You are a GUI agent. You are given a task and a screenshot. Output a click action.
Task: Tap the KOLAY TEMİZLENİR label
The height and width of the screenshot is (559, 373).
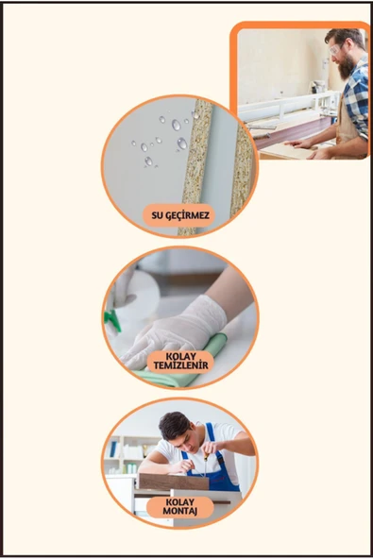tap(180, 361)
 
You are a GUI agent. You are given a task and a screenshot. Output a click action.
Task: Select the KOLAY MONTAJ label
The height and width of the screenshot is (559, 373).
tap(180, 507)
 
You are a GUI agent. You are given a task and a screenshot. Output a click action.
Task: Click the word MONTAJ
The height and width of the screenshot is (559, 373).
tap(180, 512)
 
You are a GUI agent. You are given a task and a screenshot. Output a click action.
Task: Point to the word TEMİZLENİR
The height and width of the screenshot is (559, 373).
tap(180, 365)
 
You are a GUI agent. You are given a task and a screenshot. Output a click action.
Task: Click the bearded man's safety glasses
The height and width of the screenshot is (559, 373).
tap(336, 48)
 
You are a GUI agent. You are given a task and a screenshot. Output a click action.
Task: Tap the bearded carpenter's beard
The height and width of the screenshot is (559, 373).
tap(346, 66)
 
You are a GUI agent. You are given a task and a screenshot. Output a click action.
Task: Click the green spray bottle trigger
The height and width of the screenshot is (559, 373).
tap(112, 319)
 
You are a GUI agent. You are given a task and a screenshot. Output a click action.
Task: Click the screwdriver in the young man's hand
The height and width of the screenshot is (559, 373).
tap(205, 463)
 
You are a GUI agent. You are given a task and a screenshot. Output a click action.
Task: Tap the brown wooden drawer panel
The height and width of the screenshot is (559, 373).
tap(174, 482)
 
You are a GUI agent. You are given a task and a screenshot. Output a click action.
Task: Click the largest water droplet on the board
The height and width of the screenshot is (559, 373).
tap(182, 144)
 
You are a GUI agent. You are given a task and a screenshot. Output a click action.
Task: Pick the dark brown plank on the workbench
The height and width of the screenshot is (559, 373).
tap(293, 132)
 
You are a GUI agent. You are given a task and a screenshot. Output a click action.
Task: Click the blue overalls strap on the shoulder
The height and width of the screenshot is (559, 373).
tap(212, 432)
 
